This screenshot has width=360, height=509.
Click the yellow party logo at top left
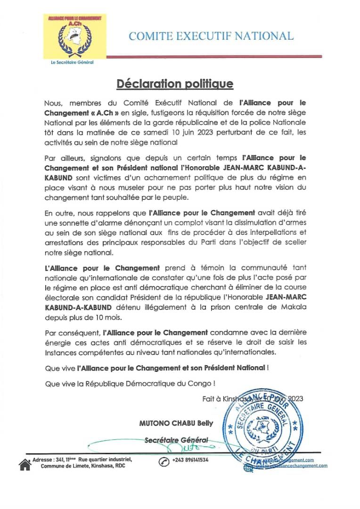[x=75, y=37]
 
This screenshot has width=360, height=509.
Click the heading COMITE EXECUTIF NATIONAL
[x=211, y=36]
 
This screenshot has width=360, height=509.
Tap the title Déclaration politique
[x=175, y=84]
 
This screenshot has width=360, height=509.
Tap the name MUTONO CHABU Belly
[x=176, y=423]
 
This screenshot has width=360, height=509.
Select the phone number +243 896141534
[x=190, y=460]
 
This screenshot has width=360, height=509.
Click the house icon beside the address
[x=25, y=464]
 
